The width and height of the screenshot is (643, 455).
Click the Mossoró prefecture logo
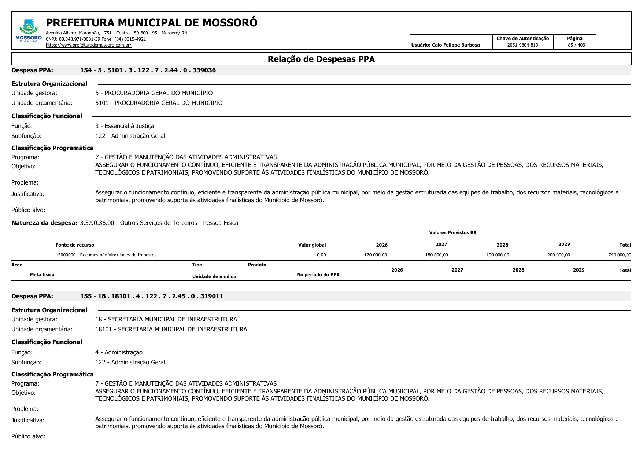point(28,31)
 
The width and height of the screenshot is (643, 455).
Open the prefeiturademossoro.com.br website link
point(88,45)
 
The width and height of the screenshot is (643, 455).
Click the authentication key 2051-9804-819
point(522,45)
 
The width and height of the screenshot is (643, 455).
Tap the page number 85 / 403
point(576,45)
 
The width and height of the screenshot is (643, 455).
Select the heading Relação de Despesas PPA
point(321,59)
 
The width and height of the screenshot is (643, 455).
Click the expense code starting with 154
point(148,70)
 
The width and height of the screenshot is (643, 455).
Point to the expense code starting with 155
point(152,296)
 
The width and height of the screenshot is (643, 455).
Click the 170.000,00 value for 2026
point(375,255)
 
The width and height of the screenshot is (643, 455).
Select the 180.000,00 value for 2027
point(436,255)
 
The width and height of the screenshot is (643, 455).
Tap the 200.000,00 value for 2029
point(558,255)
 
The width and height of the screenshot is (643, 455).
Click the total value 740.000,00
point(620,255)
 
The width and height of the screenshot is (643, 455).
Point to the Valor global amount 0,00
point(321,255)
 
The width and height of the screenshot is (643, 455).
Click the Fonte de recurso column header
point(75,245)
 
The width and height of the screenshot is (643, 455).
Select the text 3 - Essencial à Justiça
point(125,126)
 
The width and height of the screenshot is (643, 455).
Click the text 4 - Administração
point(119,352)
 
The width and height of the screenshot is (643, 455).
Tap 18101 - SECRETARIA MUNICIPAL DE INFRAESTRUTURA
point(171,329)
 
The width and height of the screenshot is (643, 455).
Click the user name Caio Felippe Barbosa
point(446,45)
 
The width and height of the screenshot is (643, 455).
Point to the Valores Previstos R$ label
point(452,233)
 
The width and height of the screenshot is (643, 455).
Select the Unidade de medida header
point(214,277)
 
